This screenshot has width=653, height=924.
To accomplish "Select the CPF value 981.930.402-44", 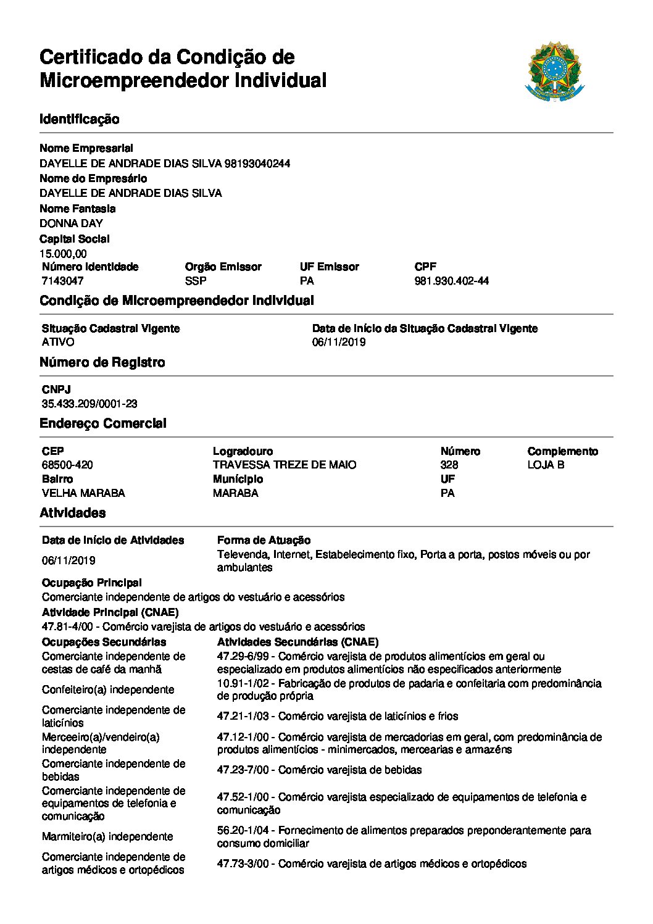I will tap(451, 281).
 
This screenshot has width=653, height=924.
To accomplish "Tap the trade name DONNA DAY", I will tap(71, 223).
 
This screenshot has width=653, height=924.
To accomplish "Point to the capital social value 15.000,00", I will tap(63, 254).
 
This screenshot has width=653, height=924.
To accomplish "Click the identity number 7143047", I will tap(62, 281).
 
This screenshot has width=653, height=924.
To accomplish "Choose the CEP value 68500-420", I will tap(67, 465).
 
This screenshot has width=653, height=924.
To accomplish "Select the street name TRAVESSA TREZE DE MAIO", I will tap(285, 465).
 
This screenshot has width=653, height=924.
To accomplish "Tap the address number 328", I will tap(449, 465).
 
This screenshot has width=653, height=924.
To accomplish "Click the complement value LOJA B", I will tap(546, 465).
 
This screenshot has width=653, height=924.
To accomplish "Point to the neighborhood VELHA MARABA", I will tap(83, 493).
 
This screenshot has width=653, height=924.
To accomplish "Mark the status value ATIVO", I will tap(58, 342).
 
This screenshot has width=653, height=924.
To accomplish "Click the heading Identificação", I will tap(80, 119).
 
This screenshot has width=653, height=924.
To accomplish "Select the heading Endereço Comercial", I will tap(103, 423).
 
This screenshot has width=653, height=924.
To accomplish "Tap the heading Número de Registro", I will tap(102, 362).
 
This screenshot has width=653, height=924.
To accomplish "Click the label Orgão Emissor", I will tap(223, 267).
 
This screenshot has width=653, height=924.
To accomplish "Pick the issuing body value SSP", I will tap(196, 281).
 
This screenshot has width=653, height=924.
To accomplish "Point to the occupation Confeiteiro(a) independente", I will tap(108, 689).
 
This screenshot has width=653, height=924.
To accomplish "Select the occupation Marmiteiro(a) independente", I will tap(107, 836).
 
